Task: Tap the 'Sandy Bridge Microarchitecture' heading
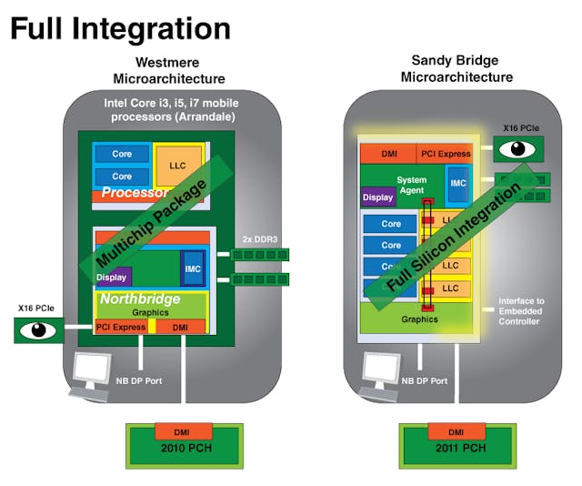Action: point(457,69)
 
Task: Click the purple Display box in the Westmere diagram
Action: point(113,276)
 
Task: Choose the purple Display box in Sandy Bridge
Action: point(378,197)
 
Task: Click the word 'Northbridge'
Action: point(140,299)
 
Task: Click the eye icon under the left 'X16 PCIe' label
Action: point(39,329)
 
